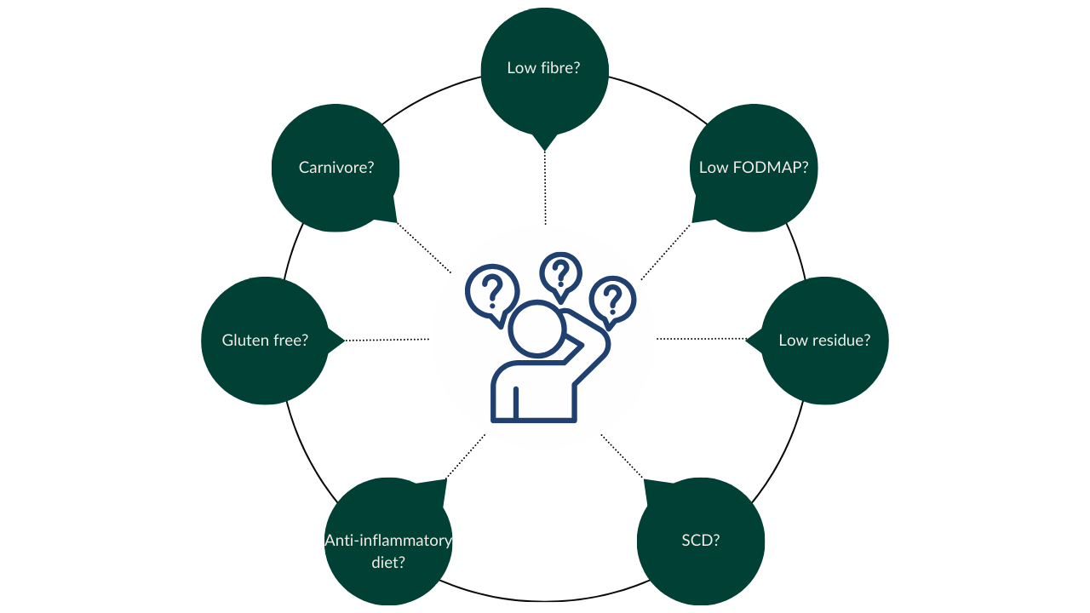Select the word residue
pyautogui.click(x=840, y=340)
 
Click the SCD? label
pyautogui.click(x=701, y=540)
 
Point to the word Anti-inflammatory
pyautogui.click(x=388, y=541)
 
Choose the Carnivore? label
pyautogui.click(x=336, y=168)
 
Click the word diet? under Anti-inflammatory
pyautogui.click(x=388, y=563)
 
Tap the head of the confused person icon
pyautogui.click(x=536, y=329)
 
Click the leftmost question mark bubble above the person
pyautogui.click(x=492, y=295)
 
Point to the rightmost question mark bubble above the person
pyautogui.click(x=612, y=301)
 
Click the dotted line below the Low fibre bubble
pyautogui.click(x=545, y=188)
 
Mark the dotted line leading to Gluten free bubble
pyautogui.click(x=387, y=340)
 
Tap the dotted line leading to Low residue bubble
pyautogui.click(x=701, y=339)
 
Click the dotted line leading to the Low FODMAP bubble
pyautogui.click(x=666, y=251)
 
